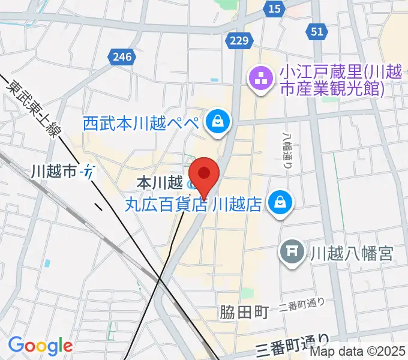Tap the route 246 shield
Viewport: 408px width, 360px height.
pyautogui.click(x=121, y=58)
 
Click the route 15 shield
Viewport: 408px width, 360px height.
pyautogui.click(x=275, y=8)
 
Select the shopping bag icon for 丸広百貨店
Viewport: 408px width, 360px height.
pyautogui.click(x=280, y=202)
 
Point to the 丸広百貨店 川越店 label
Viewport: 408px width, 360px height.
pyautogui.click(x=193, y=205)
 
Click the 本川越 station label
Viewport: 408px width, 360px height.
pyautogui.click(x=158, y=181)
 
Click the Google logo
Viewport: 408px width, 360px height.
pyautogui.click(x=40, y=346)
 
